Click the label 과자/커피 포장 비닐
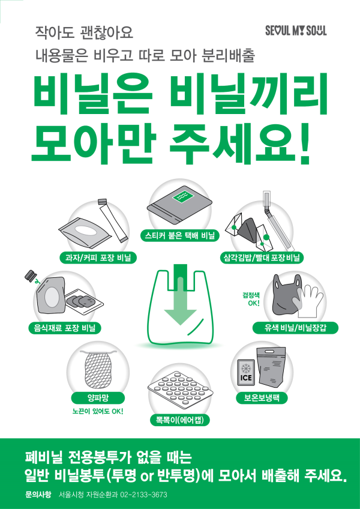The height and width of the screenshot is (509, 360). (x=103, y=258)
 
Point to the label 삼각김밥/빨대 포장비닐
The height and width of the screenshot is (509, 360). (x=261, y=258)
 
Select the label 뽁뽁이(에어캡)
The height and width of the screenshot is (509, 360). (x=179, y=420)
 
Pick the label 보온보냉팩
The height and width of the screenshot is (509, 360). (x=263, y=397)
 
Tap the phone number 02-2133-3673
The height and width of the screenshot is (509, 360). (x=144, y=495)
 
